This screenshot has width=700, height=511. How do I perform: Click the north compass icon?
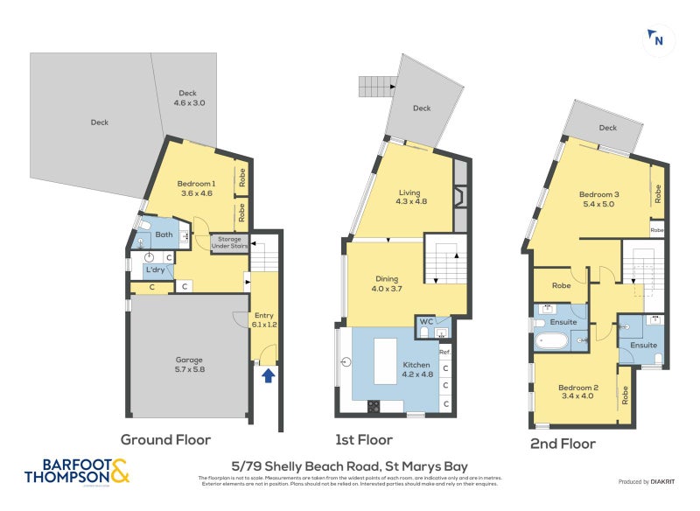coord(658,39)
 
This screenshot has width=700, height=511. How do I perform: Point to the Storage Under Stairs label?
coord(229,242)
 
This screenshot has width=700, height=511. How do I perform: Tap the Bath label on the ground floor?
coord(164,234)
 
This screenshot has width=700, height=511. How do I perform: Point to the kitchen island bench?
coord(385,358)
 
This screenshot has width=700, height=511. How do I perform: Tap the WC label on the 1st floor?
coord(425,322)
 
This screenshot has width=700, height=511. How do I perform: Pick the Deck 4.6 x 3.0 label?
coord(188,98)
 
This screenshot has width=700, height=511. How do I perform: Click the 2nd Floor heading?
coord(563,444)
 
